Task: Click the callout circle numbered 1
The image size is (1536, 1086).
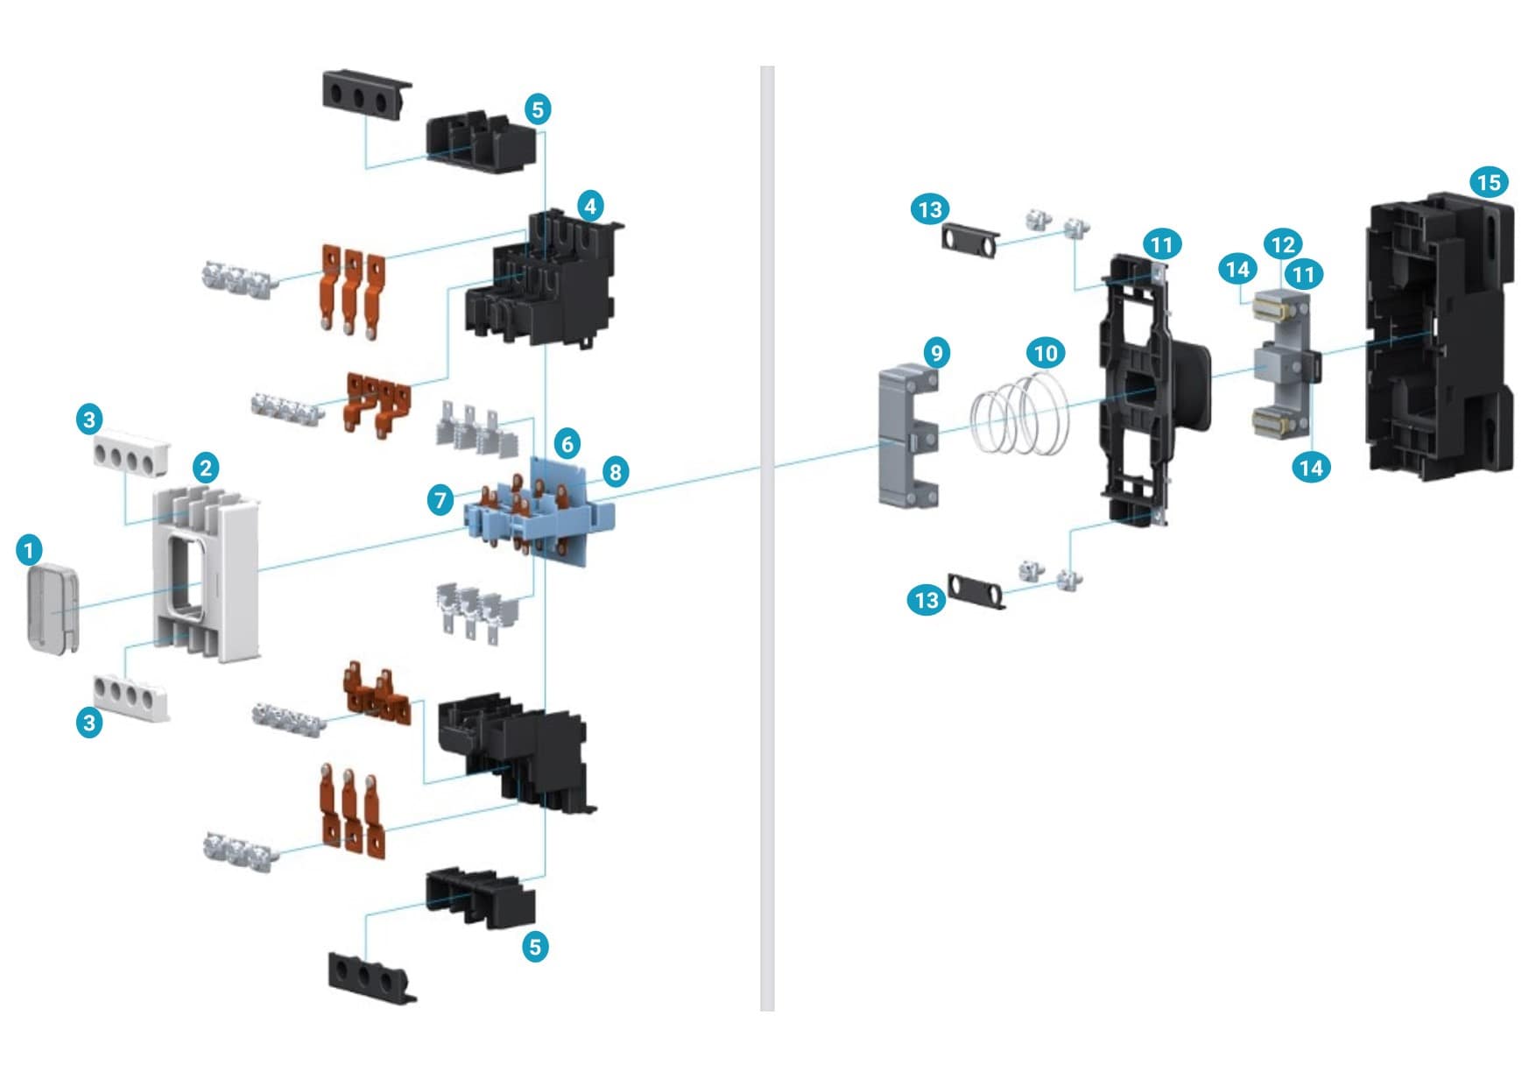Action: tap(29, 550)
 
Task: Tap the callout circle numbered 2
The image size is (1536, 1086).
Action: tap(206, 467)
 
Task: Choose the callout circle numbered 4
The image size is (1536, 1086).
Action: tap(590, 206)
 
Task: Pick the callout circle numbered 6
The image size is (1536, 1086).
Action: tap(567, 443)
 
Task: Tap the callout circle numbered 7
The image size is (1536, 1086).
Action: tap(440, 500)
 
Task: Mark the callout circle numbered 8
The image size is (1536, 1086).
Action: tap(616, 472)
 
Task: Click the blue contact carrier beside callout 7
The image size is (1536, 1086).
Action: tap(543, 512)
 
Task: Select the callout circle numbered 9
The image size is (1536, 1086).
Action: tap(937, 353)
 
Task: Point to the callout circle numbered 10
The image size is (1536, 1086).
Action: tap(1046, 353)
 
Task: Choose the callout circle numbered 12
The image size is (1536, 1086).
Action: tap(1282, 244)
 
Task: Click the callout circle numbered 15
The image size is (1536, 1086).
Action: tap(1489, 182)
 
